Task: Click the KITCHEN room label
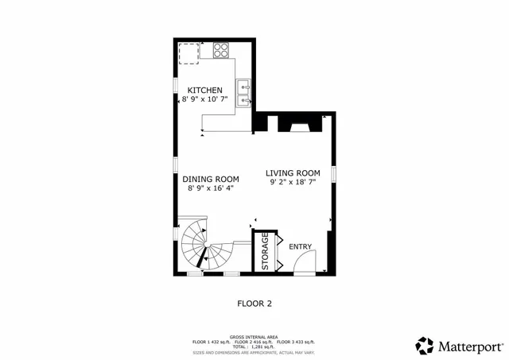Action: pyautogui.click(x=204, y=90)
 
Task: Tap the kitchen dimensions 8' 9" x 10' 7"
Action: pyautogui.click(x=204, y=99)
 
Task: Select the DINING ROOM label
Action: pyautogui.click(x=211, y=179)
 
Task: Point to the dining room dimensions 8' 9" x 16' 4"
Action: pyautogui.click(x=211, y=189)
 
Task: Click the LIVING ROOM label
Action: pyautogui.click(x=293, y=172)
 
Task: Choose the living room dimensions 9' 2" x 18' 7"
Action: pyautogui.click(x=293, y=182)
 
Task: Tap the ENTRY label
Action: pyautogui.click(x=300, y=246)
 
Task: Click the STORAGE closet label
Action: pyautogui.click(x=265, y=252)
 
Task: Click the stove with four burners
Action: pyautogui.click(x=221, y=52)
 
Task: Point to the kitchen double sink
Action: pyautogui.click(x=243, y=93)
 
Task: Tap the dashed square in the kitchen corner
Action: pyautogui.click(x=189, y=52)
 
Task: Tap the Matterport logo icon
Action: pyautogui.click(x=425, y=346)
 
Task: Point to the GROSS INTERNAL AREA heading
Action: pyautogui.click(x=254, y=337)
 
